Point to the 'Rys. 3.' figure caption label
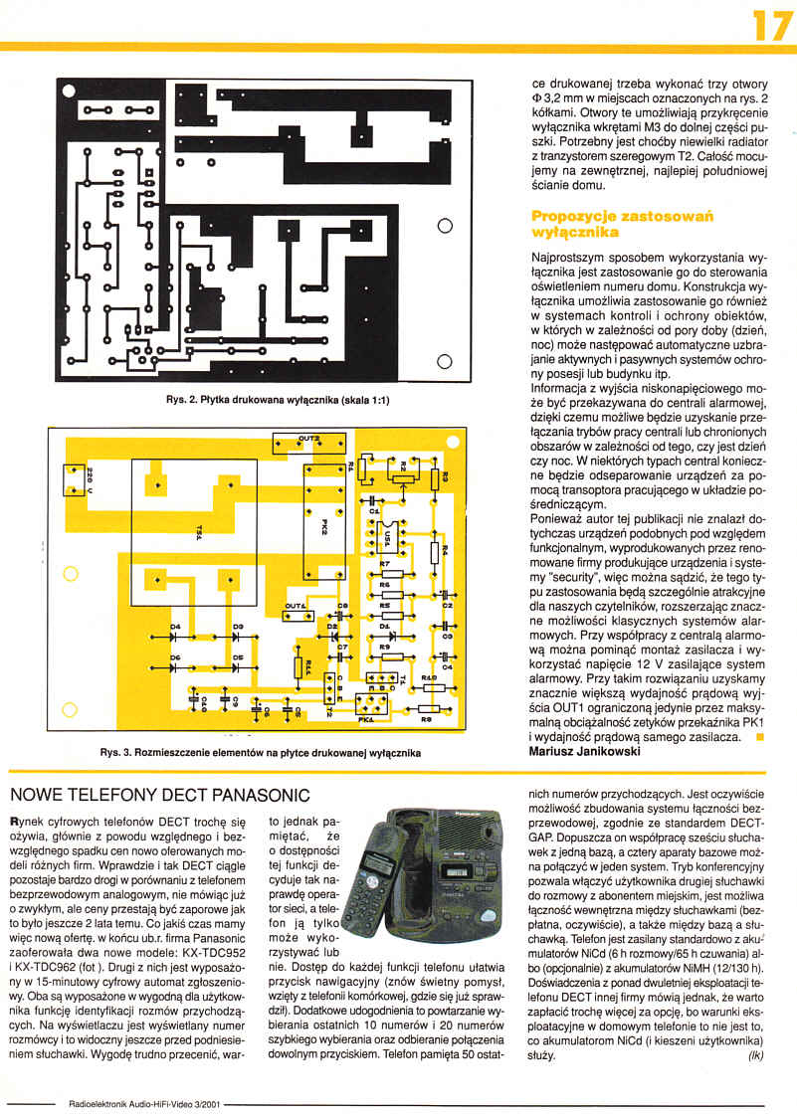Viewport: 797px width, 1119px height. coord(119,753)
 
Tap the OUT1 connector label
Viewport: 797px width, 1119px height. coord(296,605)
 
